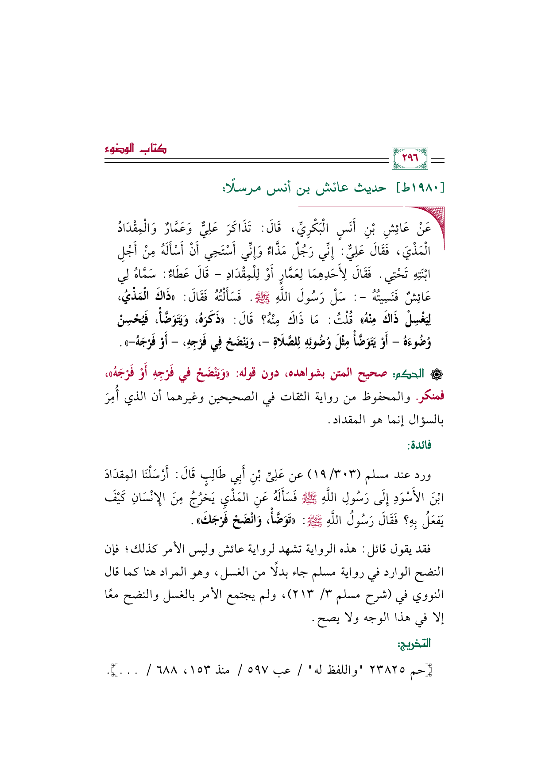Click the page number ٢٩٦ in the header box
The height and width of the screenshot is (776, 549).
pyautogui.click(x=410, y=159)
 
